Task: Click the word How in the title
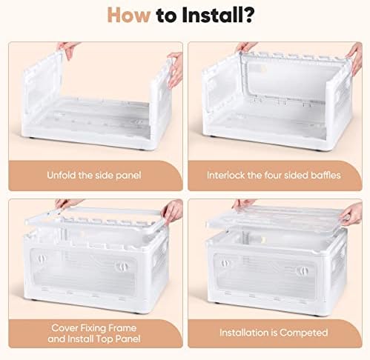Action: point(129,16)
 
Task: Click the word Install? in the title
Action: point(217,16)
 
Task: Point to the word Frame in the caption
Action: point(122,328)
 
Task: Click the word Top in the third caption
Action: point(104,339)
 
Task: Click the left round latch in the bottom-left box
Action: point(42,259)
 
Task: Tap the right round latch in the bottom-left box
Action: point(121,267)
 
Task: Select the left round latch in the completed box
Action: point(225,263)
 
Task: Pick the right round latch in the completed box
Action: point(303,271)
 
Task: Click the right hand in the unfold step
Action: point(175,69)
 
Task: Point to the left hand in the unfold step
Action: point(67,50)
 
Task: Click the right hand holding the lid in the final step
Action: point(351,214)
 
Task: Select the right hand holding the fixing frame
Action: point(172,212)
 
